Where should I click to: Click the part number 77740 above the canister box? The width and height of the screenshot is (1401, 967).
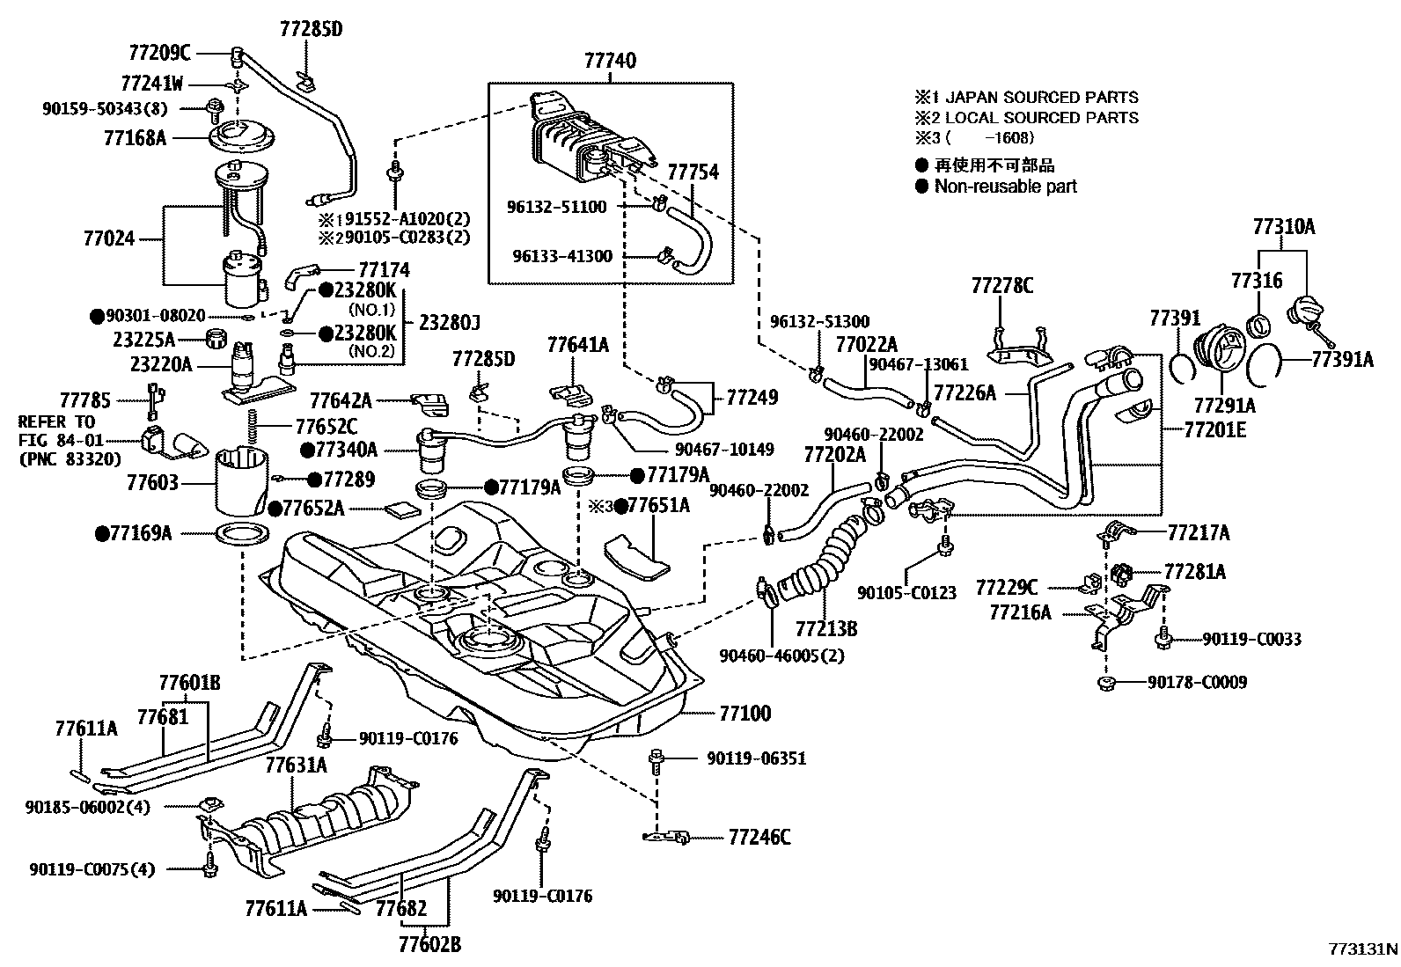(610, 61)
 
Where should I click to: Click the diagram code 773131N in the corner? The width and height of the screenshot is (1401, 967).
(1362, 949)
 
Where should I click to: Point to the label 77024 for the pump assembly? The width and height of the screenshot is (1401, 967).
(109, 238)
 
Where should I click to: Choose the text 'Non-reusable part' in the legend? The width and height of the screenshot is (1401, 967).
(1005, 186)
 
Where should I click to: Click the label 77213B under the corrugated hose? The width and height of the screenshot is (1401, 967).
(825, 628)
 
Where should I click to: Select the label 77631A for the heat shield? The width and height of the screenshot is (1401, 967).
(296, 766)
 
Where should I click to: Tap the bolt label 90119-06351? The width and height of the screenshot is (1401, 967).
(755, 758)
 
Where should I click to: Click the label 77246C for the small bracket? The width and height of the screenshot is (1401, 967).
(759, 838)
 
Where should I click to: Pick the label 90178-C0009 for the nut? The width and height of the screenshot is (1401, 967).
(1197, 682)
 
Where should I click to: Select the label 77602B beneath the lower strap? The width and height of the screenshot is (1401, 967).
(429, 945)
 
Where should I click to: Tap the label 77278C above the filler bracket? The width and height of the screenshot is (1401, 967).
(1002, 286)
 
